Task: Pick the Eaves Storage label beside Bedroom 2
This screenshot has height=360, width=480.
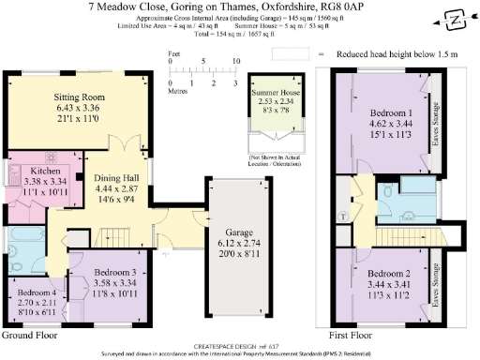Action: pyautogui.click(x=436, y=284)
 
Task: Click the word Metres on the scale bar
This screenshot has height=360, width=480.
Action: pyautogui.click(x=178, y=91)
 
